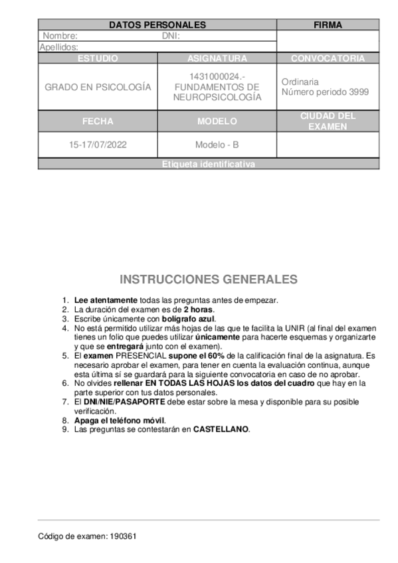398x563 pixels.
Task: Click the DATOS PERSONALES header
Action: (x=157, y=25)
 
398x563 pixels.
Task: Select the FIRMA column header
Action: (x=328, y=25)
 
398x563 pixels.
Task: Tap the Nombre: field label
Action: (x=60, y=36)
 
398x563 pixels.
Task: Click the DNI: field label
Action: (x=171, y=36)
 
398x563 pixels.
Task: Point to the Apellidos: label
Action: (x=59, y=47)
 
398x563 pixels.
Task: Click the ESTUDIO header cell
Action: (x=98, y=58)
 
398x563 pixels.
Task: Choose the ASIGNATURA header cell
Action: (x=217, y=58)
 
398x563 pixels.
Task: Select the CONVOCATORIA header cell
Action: (x=328, y=58)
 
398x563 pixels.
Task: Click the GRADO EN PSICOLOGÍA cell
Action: (x=98, y=87)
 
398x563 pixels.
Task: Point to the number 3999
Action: (x=357, y=92)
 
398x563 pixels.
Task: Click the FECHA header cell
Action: (x=98, y=121)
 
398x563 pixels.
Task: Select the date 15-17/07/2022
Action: (x=98, y=145)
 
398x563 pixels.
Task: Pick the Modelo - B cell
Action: (x=217, y=145)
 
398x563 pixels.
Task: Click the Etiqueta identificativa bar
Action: (x=209, y=164)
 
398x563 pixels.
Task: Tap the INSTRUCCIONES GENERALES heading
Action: (x=209, y=279)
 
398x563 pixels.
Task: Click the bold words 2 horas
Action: (x=199, y=309)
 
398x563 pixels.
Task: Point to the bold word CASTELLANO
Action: (x=221, y=429)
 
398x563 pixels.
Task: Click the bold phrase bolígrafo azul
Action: (x=188, y=319)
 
